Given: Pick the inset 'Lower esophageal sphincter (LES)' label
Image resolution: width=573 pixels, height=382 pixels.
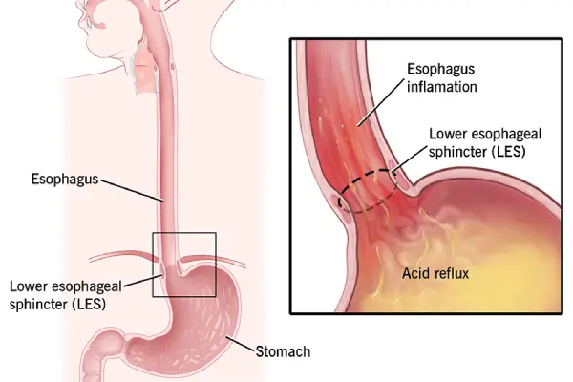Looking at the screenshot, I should (x=479, y=141).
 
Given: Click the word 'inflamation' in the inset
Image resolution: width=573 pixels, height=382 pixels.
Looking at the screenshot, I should (x=448, y=87).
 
